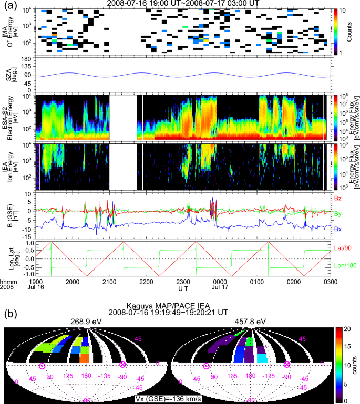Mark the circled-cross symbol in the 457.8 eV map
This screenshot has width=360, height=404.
coord(287,365)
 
